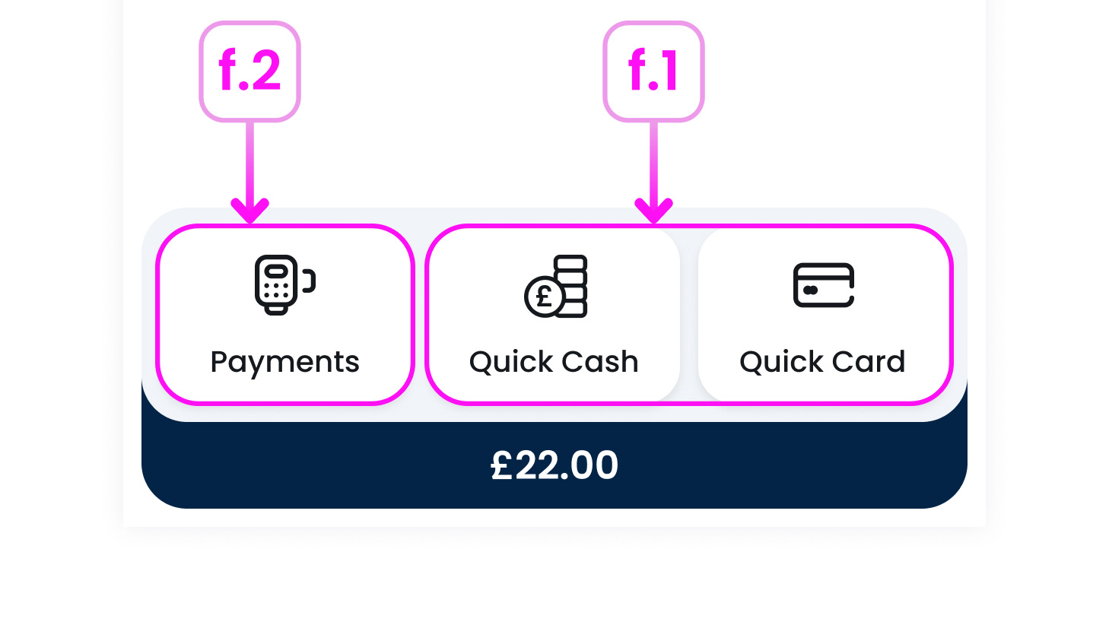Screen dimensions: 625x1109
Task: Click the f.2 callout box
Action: (x=249, y=71)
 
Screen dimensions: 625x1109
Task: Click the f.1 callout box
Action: (x=653, y=71)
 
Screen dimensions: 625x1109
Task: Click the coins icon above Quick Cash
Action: (x=556, y=286)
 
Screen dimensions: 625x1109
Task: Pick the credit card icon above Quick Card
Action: (x=824, y=285)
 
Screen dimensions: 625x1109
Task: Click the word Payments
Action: (x=284, y=362)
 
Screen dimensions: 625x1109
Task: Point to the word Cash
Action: (x=600, y=362)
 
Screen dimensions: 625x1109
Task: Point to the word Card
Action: (x=869, y=362)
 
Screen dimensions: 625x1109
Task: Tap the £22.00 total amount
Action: (x=554, y=465)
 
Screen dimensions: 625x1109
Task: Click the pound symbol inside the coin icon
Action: (x=545, y=296)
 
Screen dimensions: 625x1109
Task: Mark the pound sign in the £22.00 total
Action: (x=501, y=465)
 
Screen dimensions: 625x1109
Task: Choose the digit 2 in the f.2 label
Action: (x=265, y=71)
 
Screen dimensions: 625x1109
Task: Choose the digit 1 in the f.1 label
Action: (x=668, y=71)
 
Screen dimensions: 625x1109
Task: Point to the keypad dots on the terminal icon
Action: (x=275, y=290)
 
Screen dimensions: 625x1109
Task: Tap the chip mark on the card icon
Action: (x=810, y=290)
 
